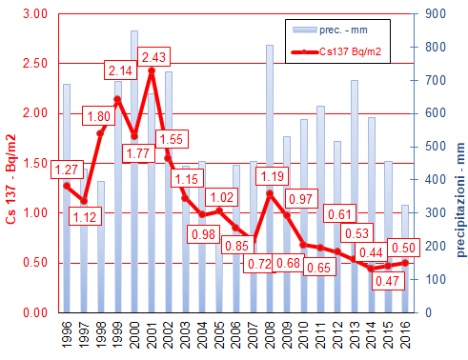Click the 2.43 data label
coord(154,58)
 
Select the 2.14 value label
coord(121,70)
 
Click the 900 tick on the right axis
coord(434,14)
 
